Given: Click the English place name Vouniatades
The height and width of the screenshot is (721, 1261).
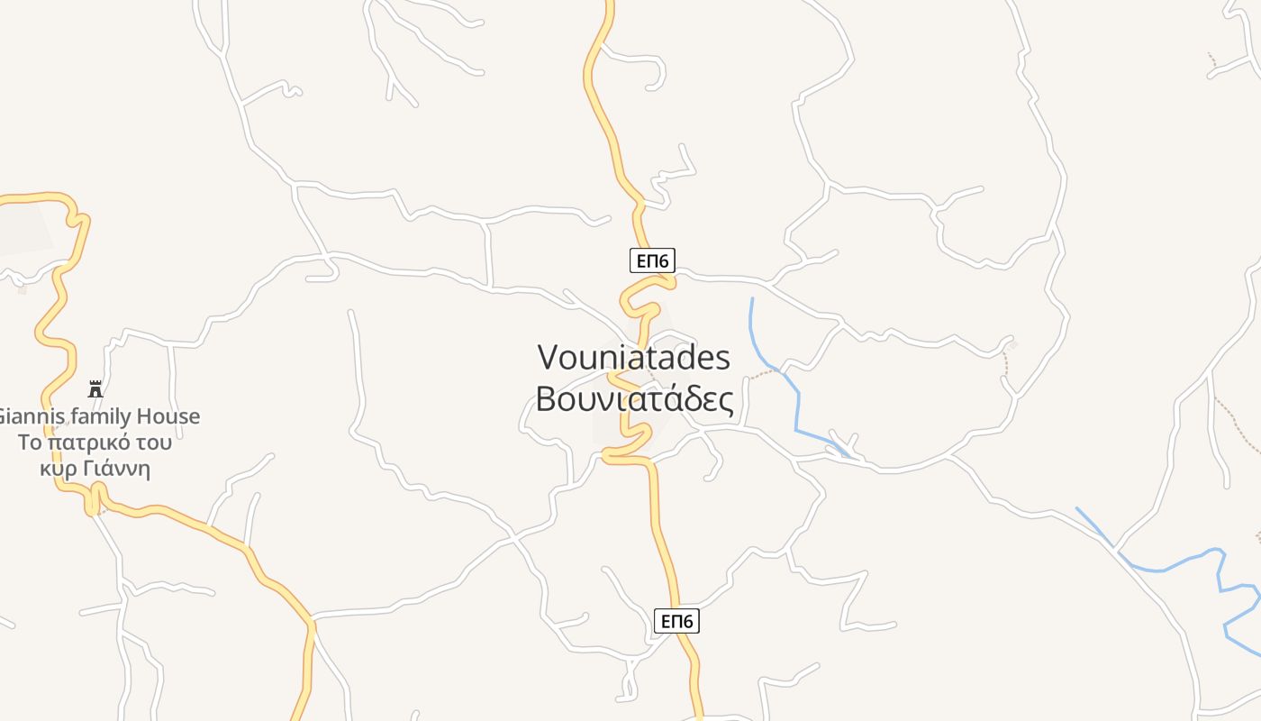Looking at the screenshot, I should click(x=633, y=358).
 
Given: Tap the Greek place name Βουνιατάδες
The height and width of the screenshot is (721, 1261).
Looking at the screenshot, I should click(x=634, y=397).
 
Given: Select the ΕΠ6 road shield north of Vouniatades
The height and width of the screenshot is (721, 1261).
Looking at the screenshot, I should click(x=652, y=261).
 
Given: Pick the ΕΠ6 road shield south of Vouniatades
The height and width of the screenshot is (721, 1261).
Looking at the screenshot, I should click(x=676, y=621).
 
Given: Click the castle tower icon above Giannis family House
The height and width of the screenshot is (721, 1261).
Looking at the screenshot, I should click(x=95, y=389).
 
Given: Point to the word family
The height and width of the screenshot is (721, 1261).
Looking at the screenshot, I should click(x=95, y=417).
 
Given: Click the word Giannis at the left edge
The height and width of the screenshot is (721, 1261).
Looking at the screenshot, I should click(x=25, y=417).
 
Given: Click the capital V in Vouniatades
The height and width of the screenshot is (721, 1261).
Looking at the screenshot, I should click(x=549, y=358).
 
